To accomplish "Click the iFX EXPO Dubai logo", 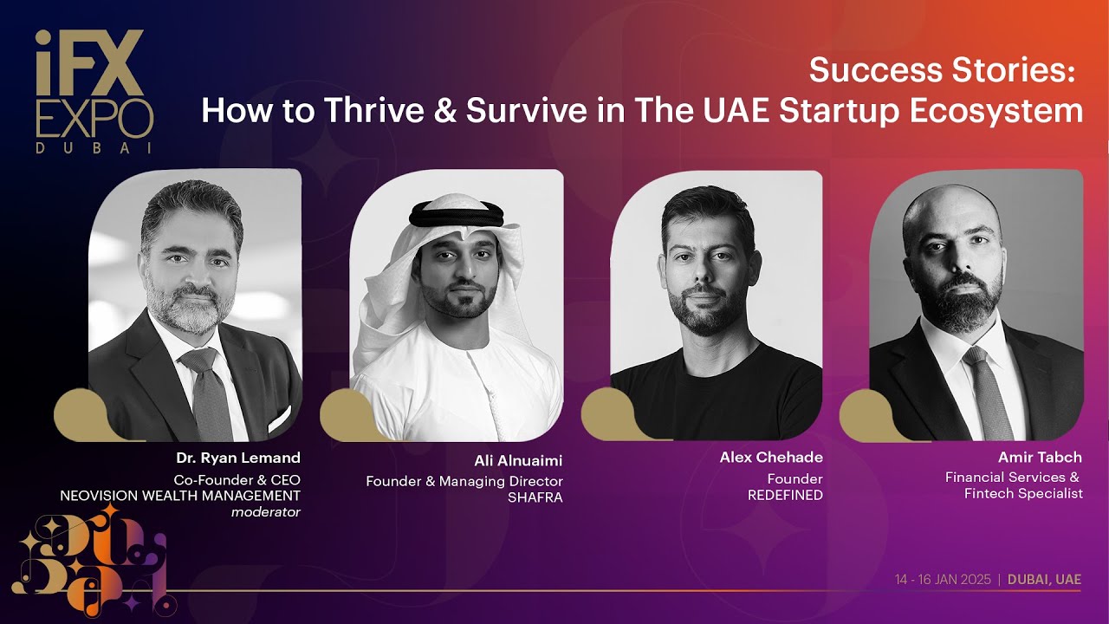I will (94, 91).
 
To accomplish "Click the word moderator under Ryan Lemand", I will (265, 512).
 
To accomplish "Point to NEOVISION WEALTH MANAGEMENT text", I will (180, 496).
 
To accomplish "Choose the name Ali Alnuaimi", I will (518, 461).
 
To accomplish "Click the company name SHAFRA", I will (535, 498).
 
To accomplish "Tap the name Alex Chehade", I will (771, 457).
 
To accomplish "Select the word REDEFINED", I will (785, 496).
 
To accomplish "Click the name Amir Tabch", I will (1040, 457).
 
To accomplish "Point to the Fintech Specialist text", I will (1023, 494).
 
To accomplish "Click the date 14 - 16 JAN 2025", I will (943, 580).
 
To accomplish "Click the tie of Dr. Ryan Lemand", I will (208, 390).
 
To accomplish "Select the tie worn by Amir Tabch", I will (989, 390).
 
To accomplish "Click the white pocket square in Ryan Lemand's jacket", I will (279, 419).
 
